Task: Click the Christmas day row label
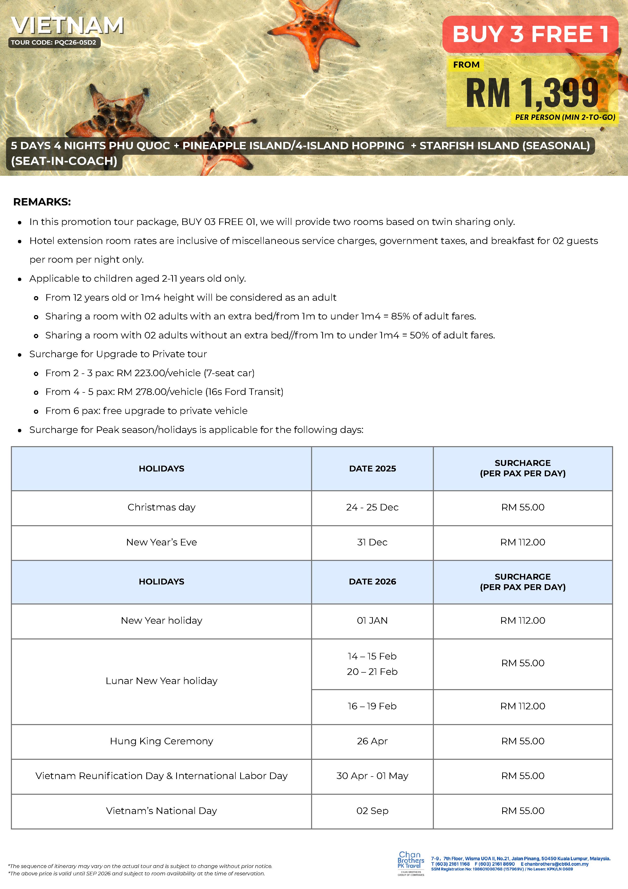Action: (x=161, y=507)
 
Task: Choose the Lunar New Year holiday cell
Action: (x=161, y=681)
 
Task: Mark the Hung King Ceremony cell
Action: (x=161, y=741)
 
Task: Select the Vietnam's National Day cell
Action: (x=161, y=810)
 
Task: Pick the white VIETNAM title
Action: (x=67, y=26)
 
